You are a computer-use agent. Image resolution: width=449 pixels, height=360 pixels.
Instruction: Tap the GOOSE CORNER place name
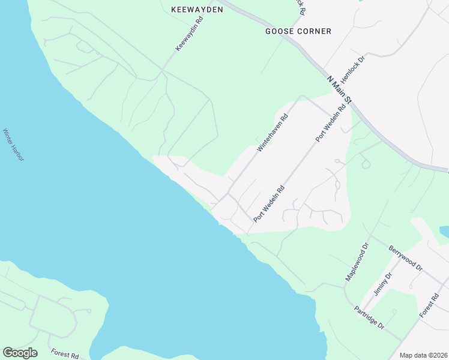click(298, 31)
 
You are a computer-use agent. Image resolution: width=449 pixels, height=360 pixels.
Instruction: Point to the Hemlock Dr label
click(353, 70)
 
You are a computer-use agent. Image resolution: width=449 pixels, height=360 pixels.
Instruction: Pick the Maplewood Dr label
click(355, 262)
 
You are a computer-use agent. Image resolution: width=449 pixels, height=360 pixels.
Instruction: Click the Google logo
click(20, 353)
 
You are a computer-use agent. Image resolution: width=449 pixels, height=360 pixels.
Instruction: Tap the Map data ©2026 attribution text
click(423, 355)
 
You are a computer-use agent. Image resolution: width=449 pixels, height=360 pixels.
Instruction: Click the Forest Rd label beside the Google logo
click(65, 355)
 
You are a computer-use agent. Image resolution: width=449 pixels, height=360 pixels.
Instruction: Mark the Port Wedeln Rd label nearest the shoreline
click(268, 204)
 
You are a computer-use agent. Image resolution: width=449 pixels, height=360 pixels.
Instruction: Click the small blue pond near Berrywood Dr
click(444, 231)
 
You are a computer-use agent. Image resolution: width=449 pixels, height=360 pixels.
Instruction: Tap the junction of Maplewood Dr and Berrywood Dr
click(370, 236)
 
